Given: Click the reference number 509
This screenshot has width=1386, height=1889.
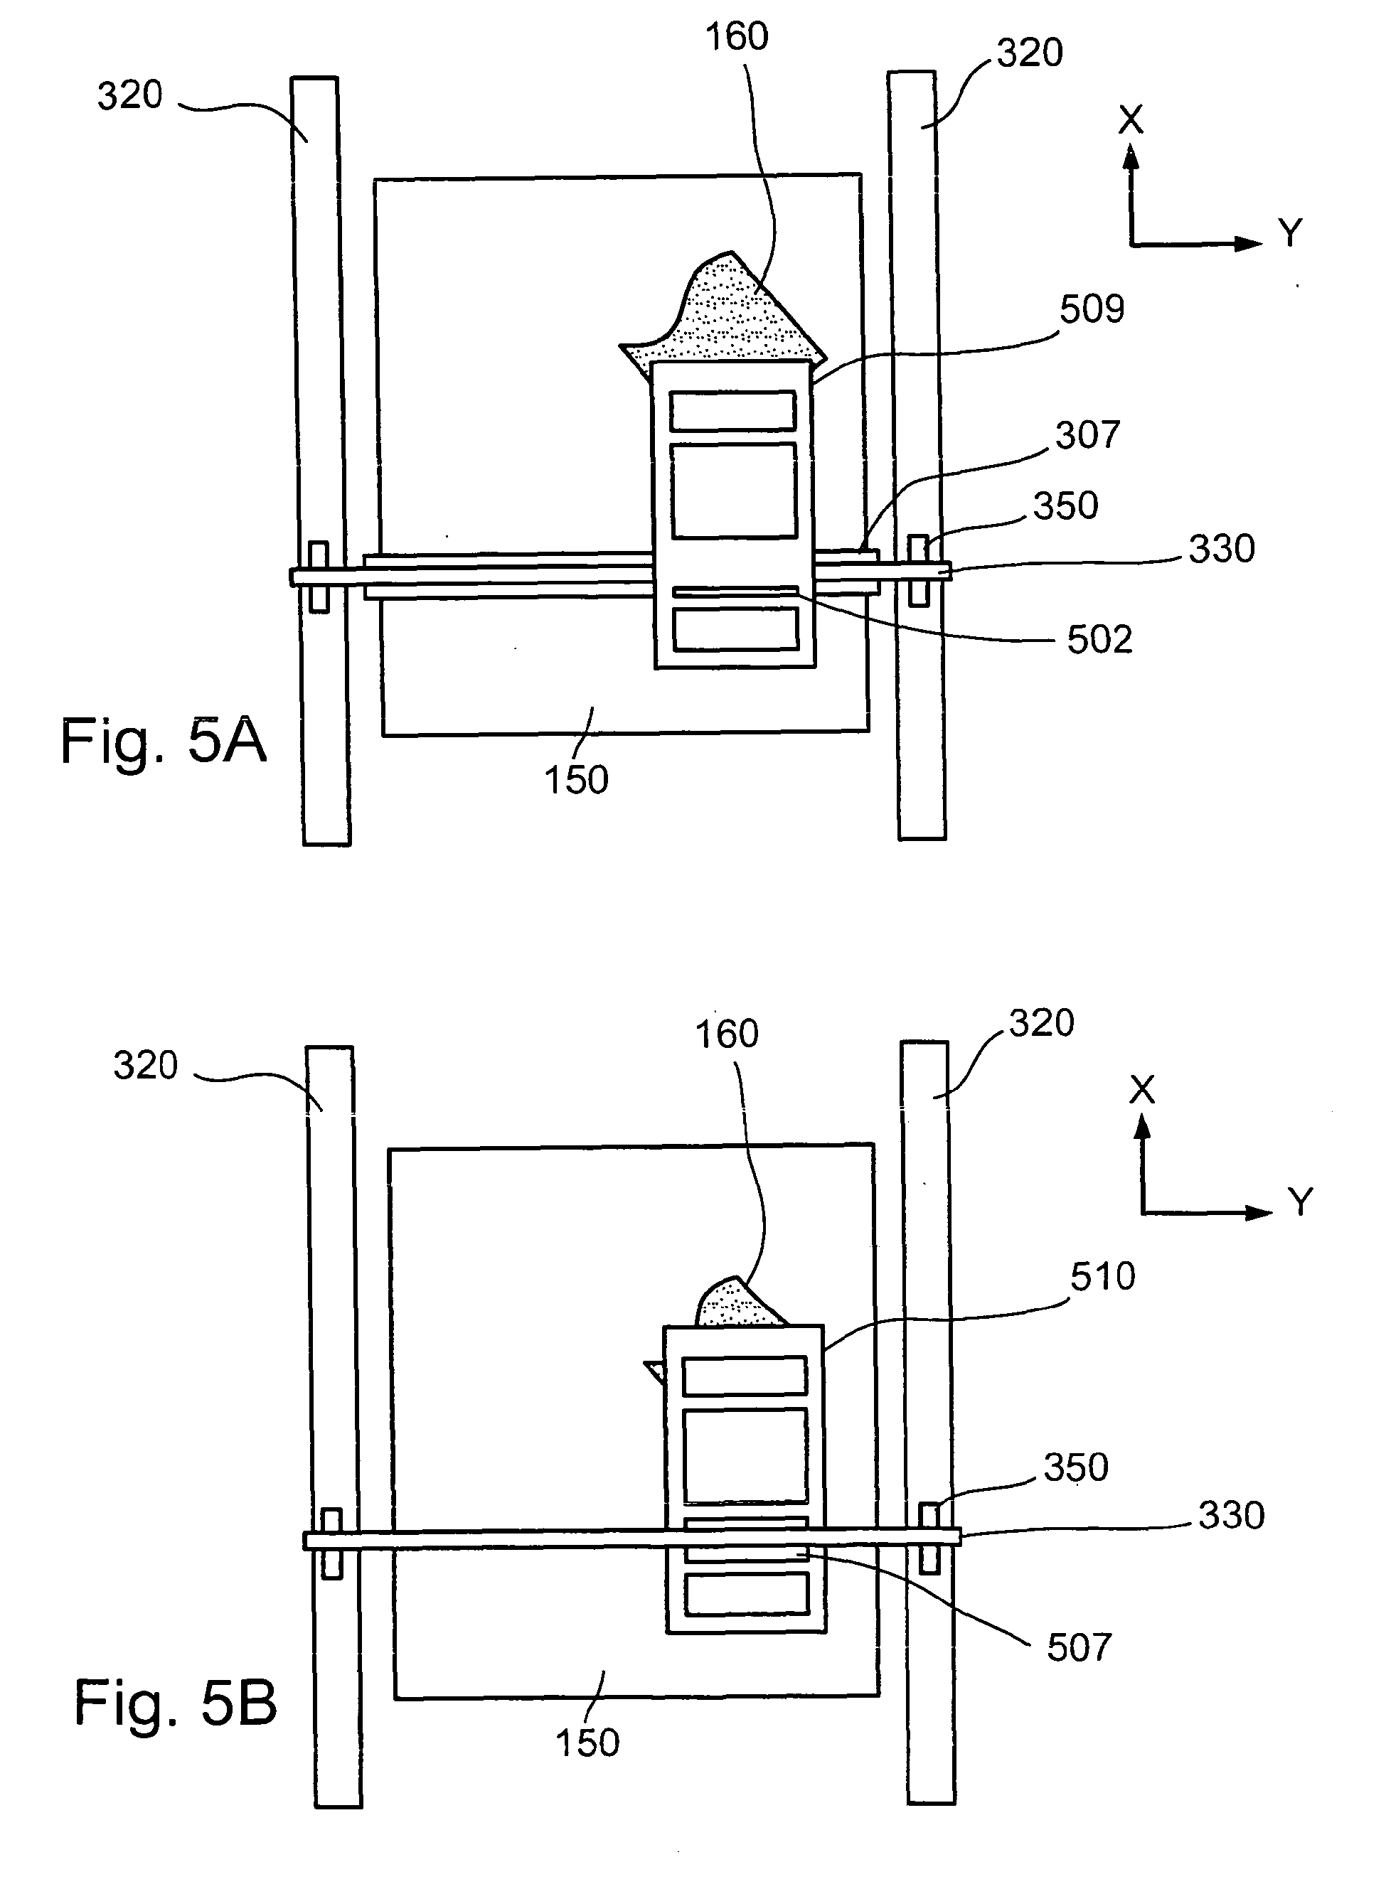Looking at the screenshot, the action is pyautogui.click(x=1092, y=309).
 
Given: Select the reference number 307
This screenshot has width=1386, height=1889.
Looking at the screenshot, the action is pyautogui.click(x=1087, y=435).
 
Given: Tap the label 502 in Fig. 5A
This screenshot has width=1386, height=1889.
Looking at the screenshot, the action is pyautogui.click(x=1099, y=640).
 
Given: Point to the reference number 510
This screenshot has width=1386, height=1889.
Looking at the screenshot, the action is pyautogui.click(x=1102, y=1277).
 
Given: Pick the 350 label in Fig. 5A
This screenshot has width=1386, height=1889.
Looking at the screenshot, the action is pyautogui.click(x=1065, y=505).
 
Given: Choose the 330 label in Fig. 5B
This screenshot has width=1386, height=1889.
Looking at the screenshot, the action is pyautogui.click(x=1231, y=1516).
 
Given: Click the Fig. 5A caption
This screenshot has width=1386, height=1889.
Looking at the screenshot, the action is pyautogui.click(x=164, y=742).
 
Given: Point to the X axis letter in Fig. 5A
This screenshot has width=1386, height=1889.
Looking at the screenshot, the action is pyautogui.click(x=1131, y=121).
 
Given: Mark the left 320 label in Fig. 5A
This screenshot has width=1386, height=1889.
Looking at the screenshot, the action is pyautogui.click(x=130, y=96).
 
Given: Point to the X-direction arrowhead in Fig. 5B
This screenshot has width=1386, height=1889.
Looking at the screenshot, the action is pyautogui.click(x=1141, y=1128).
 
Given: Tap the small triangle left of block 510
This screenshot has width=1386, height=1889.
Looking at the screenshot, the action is pyautogui.click(x=655, y=1373).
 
